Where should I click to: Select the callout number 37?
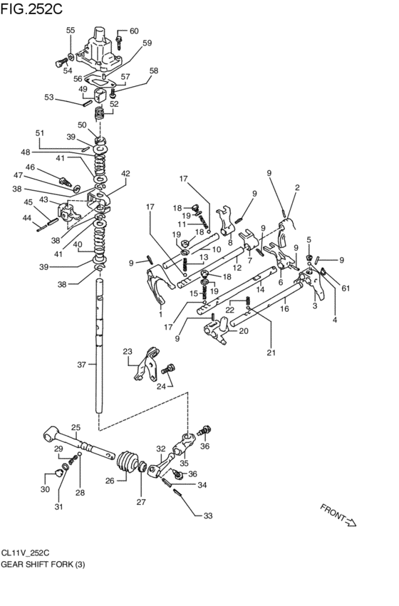click(81, 364)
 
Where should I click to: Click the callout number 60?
click(134, 31)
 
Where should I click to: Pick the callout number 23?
click(128, 351)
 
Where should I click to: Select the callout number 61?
click(346, 287)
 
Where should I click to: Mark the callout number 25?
click(76, 428)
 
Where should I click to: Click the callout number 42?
click(125, 173)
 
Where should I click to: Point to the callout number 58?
click(153, 70)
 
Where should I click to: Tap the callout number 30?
click(45, 489)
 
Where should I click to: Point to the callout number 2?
click(296, 187)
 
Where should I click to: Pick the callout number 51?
click(40, 133)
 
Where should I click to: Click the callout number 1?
click(160, 314)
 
